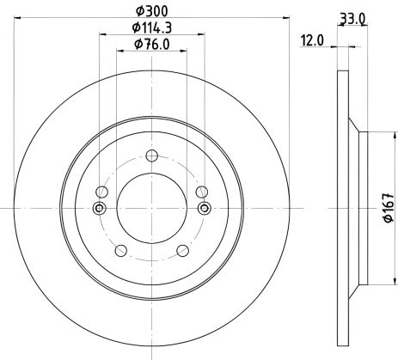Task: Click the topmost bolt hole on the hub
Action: click(x=151, y=156)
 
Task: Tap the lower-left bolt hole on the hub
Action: click(x=119, y=251)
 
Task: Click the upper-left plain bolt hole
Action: click(x=101, y=192)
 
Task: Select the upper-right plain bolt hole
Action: click(x=202, y=192)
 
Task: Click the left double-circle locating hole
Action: click(x=98, y=208)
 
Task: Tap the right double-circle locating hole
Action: click(x=205, y=208)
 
